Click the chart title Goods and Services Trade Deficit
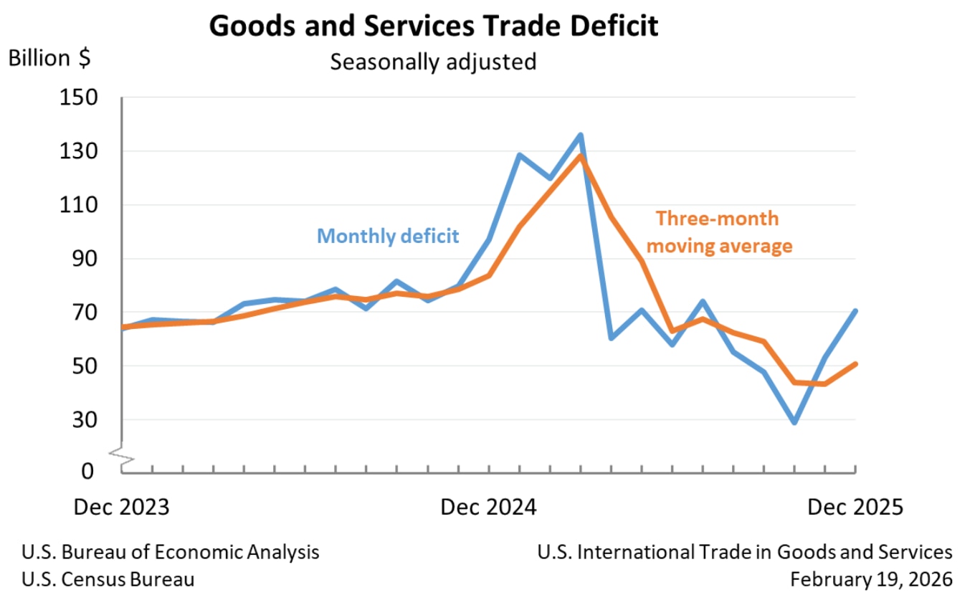click(x=433, y=27)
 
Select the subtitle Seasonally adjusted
click(x=433, y=62)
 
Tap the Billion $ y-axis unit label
click(x=49, y=58)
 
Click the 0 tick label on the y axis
click(x=89, y=471)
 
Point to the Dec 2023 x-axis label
click(x=122, y=507)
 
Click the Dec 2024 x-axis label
click(x=488, y=507)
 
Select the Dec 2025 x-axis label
click(x=855, y=507)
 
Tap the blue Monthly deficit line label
click(x=388, y=236)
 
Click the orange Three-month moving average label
click(x=720, y=232)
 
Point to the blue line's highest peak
click(x=580, y=135)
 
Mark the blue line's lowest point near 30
click(x=794, y=422)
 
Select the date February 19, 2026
click(x=872, y=578)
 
